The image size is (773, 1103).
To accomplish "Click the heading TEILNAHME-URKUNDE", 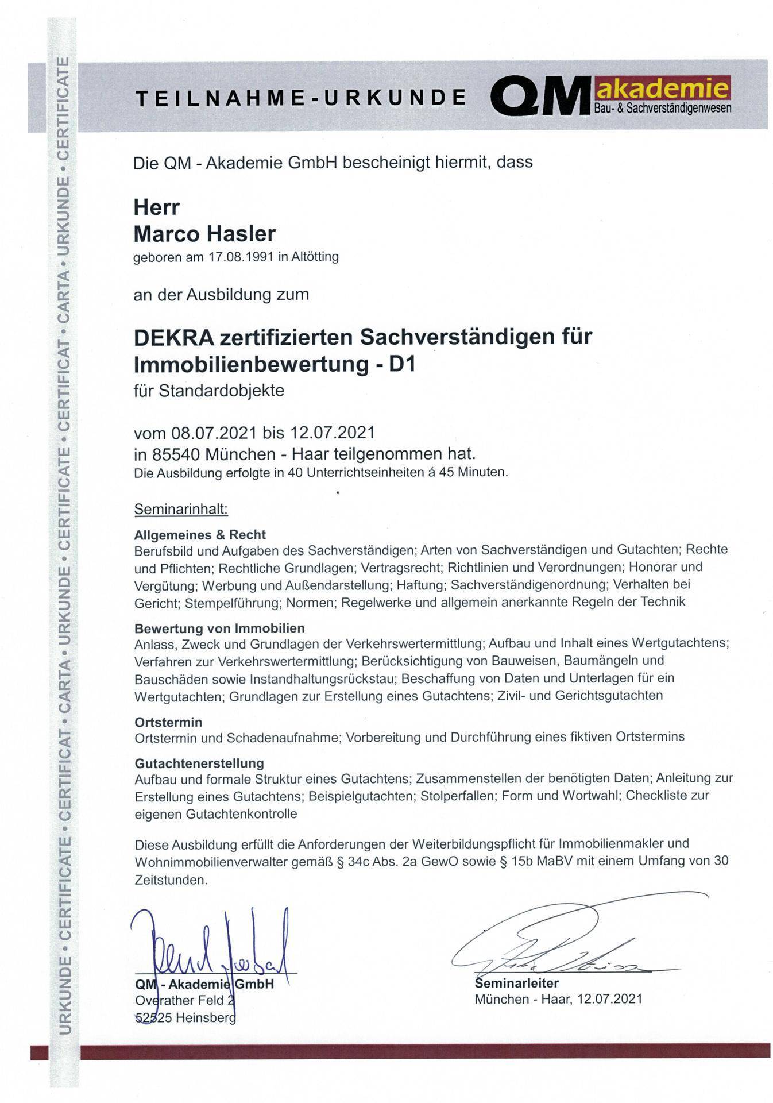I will pyautogui.click(x=300, y=98).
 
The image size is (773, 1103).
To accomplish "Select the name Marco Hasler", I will pyautogui.click(x=204, y=234).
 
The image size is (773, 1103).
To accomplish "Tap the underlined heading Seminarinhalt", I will pyautogui.click(x=181, y=509).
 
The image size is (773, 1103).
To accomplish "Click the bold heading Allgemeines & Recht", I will pyautogui.click(x=200, y=535).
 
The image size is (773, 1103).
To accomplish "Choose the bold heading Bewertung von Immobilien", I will pyautogui.click(x=219, y=628).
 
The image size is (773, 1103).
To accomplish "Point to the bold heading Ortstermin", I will pyautogui.click(x=168, y=722).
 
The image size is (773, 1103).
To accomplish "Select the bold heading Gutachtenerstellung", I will pyautogui.click(x=199, y=763).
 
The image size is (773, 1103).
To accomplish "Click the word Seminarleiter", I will pyautogui.click(x=516, y=983).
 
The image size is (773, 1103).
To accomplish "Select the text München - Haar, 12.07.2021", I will pyautogui.click(x=558, y=999).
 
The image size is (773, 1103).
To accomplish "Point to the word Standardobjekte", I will pyautogui.click(x=221, y=391).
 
